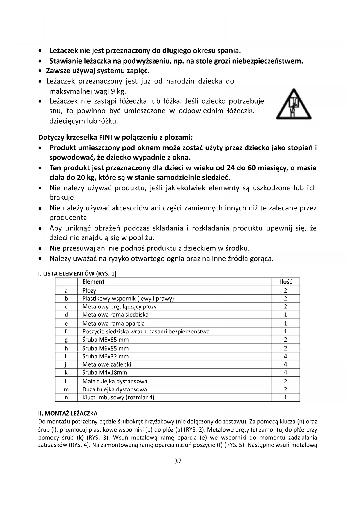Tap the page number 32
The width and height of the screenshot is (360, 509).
(x=178, y=461)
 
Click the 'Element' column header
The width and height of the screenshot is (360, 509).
(x=93, y=281)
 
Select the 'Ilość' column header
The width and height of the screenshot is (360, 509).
(x=285, y=281)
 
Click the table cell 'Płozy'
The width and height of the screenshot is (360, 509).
(x=89, y=290)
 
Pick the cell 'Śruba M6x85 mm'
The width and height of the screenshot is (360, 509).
(x=105, y=348)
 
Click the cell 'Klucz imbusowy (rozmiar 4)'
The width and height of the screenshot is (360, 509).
(x=118, y=397)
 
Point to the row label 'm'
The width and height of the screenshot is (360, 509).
(x=66, y=389)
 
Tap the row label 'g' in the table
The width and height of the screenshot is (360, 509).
(x=66, y=340)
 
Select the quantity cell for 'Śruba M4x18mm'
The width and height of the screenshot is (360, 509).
(x=285, y=372)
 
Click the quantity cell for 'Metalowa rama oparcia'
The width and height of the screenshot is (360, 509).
(x=285, y=323)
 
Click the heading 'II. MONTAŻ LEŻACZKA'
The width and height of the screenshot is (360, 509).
(x=68, y=413)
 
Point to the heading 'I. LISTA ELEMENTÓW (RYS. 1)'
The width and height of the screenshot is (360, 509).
(x=77, y=273)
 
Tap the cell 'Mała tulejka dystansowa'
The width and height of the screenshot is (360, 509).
(x=115, y=381)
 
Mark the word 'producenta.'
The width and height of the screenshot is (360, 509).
(x=69, y=218)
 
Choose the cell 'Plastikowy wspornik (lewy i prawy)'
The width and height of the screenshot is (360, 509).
(x=128, y=299)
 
